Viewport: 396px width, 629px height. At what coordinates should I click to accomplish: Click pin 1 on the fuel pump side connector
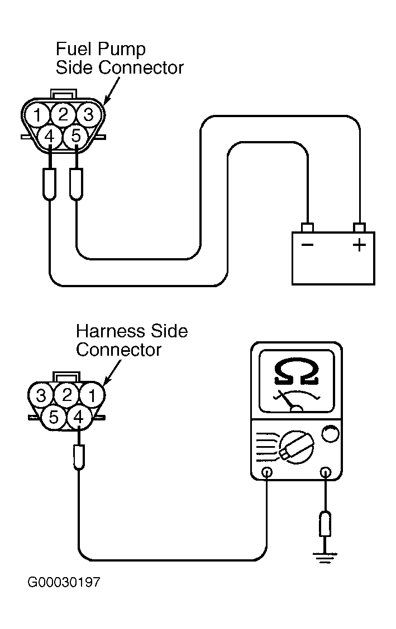[37, 115]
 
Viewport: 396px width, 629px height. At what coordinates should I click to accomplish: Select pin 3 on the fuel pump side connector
[89, 115]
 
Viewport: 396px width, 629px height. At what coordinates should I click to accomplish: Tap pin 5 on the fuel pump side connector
[76, 137]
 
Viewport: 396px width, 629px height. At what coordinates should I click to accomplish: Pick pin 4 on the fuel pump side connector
[49, 137]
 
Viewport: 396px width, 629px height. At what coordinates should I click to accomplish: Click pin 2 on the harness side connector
[66, 395]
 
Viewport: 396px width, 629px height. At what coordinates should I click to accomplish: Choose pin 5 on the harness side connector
[54, 418]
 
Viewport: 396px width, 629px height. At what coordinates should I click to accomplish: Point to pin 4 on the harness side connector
[79, 418]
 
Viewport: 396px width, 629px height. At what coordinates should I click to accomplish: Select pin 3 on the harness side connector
[41, 395]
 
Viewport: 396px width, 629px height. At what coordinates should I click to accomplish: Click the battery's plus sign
[360, 245]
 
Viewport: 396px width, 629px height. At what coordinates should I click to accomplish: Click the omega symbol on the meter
[297, 371]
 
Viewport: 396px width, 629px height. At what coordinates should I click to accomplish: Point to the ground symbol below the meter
[325, 558]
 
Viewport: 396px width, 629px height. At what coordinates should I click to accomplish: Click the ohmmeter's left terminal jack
[266, 472]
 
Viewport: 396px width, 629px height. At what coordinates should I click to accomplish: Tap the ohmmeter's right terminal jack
[326, 472]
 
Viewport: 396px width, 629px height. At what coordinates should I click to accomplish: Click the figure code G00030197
[64, 582]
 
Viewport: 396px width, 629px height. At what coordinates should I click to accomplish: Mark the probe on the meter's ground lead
[326, 524]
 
